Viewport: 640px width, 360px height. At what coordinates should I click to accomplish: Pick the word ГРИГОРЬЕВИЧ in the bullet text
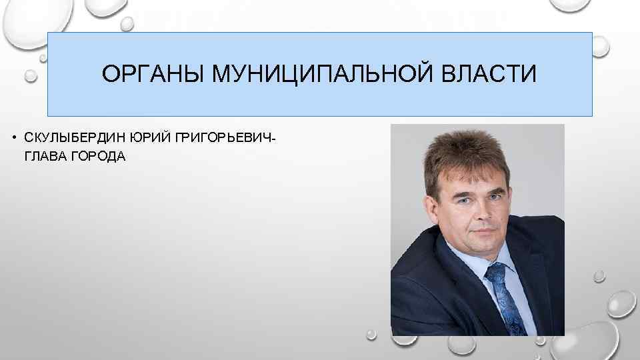coord(223,138)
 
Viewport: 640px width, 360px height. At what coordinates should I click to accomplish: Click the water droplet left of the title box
coord(31,77)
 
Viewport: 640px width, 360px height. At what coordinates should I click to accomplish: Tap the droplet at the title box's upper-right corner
coord(601,45)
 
